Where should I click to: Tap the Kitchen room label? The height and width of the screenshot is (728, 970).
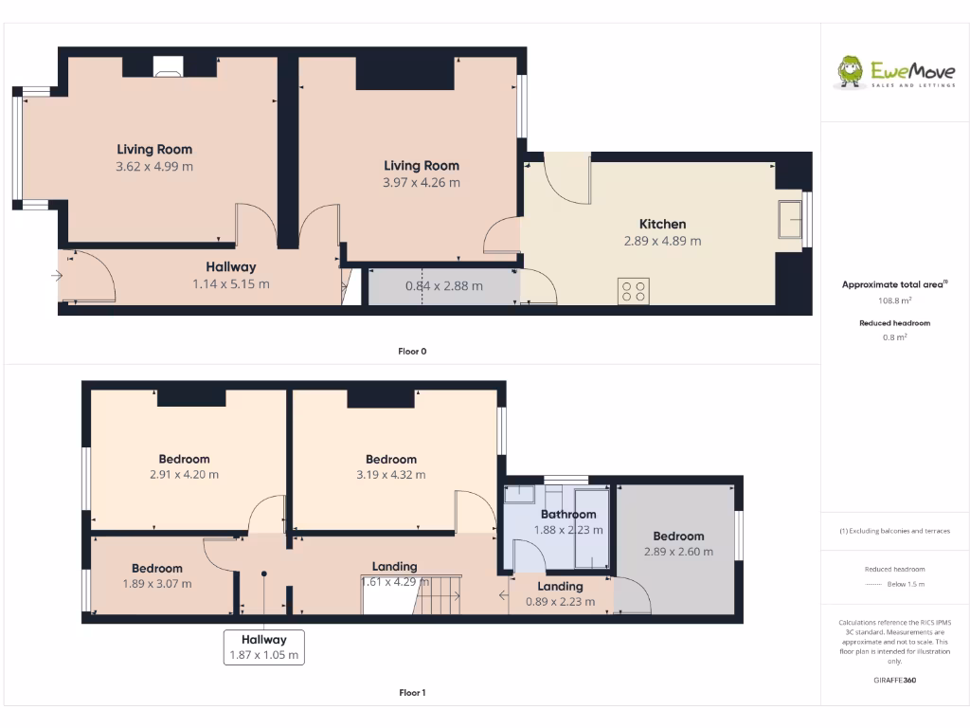point(662,225)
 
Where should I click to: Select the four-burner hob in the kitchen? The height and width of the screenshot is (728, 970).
point(634,290)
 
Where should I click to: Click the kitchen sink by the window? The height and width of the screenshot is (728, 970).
point(789,220)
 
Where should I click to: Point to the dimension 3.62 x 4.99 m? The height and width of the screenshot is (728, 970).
point(154,166)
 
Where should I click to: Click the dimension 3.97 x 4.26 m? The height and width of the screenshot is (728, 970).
point(422,183)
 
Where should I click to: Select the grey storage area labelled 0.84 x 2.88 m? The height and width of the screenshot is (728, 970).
point(443,286)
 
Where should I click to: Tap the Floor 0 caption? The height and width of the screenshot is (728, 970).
point(412,352)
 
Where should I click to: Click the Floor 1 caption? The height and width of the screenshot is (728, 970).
point(412,693)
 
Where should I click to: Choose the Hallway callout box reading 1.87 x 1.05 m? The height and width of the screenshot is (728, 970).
point(263,647)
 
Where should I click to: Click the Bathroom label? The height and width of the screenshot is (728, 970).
point(568,515)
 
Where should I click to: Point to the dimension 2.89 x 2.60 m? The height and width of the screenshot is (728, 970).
point(678,552)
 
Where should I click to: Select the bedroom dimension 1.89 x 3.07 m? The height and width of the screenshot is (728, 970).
point(157,584)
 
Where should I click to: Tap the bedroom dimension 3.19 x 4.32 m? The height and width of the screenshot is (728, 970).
point(391,475)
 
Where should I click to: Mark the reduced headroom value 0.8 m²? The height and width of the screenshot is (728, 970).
point(894,337)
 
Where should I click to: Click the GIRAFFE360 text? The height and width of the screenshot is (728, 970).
point(894,680)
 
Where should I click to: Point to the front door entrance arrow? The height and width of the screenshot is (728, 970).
point(57,276)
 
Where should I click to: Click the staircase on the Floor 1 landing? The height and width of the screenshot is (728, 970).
point(438,595)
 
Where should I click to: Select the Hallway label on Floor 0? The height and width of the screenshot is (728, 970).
point(231,267)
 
